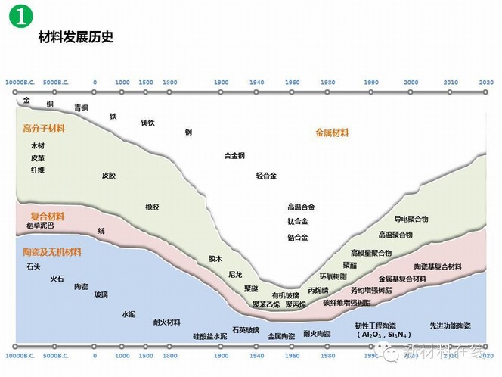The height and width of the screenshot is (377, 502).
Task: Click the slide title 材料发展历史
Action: [x=76, y=36]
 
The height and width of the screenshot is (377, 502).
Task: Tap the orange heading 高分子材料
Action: [x=44, y=129]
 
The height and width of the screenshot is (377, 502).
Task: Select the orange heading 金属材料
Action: [x=332, y=132]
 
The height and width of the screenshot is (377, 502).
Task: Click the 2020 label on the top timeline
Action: [x=486, y=81]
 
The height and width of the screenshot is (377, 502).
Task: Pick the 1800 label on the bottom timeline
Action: [x=170, y=355]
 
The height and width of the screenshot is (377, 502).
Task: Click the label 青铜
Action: [x=81, y=107]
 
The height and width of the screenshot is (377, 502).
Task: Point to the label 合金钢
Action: [x=234, y=156]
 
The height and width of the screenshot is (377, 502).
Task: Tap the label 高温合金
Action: [x=301, y=206]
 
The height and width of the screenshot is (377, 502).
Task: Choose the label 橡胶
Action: [x=152, y=206]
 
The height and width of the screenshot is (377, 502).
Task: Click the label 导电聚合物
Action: [x=411, y=219]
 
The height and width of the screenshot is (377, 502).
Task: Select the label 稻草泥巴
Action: [x=40, y=226]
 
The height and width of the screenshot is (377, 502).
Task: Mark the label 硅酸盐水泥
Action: [x=209, y=335]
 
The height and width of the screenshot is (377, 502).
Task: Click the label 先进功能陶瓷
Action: [x=450, y=326]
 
